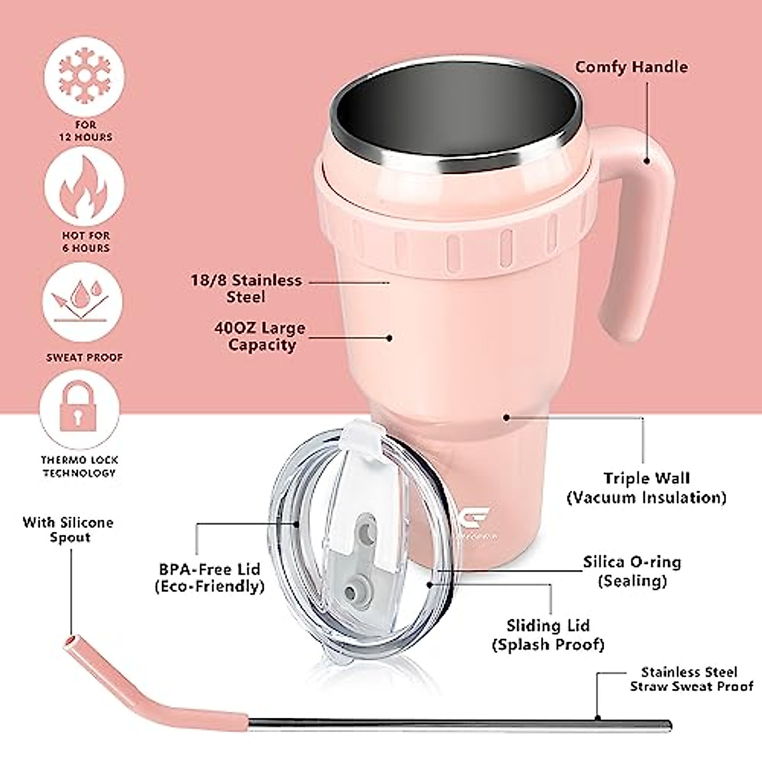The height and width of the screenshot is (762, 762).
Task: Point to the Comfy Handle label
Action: [x=631, y=67]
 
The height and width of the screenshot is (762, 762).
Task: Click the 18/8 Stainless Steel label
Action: [x=246, y=288]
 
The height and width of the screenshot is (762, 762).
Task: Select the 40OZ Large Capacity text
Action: [x=259, y=337]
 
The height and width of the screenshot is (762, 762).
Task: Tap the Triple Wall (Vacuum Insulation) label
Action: [x=646, y=488]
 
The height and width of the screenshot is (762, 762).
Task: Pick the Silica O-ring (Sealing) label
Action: [x=632, y=571]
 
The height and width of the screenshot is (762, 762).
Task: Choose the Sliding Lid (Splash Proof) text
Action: [x=548, y=635]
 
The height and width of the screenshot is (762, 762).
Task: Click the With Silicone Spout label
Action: [x=69, y=530]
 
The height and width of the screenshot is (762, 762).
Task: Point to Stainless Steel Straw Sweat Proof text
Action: [x=691, y=679]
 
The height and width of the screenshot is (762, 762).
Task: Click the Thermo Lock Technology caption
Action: [x=80, y=466]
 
